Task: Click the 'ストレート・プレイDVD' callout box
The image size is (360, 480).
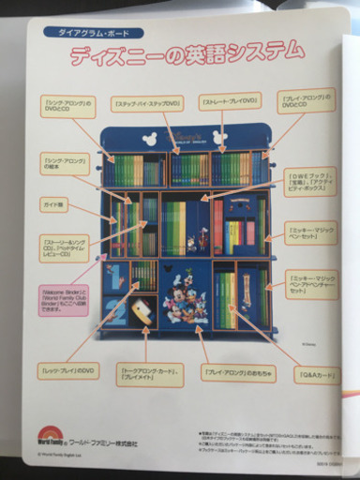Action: point(226,99)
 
